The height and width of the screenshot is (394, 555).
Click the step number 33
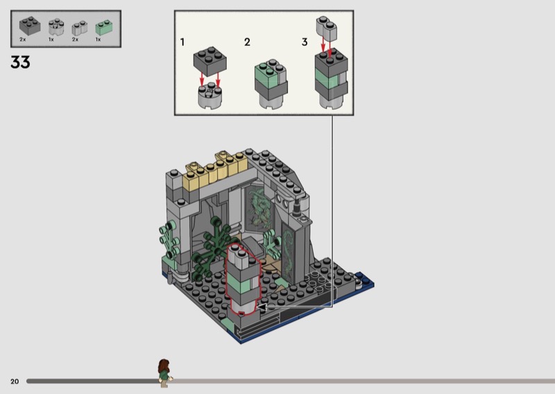click(20, 62)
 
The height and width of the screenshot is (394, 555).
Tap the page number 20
click(15, 382)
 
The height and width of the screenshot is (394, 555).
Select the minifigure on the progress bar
click(164, 373)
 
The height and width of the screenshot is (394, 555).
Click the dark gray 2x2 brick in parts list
click(30, 26)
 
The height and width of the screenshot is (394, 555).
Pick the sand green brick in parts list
click(104, 27)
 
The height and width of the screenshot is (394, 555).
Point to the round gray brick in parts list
click(56, 27)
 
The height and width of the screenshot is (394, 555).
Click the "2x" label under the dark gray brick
click(23, 40)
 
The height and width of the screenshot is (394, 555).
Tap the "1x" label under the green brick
click(98, 40)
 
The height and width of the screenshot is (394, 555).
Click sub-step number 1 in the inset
click(182, 42)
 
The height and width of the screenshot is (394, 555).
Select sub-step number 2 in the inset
click(247, 42)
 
